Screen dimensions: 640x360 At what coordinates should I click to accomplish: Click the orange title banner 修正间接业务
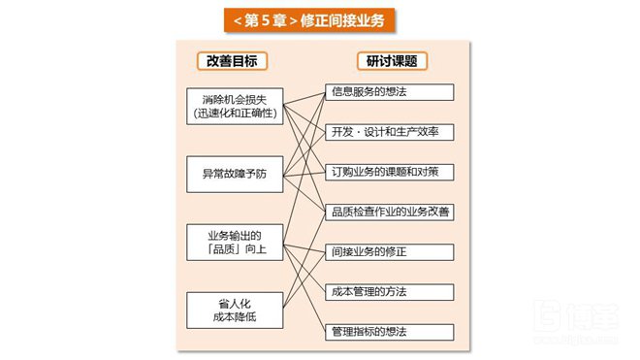320,19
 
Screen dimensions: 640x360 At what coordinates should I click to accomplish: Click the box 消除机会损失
234,106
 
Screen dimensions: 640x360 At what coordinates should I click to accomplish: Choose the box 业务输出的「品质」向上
234,241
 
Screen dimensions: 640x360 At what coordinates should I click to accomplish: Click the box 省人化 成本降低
234,310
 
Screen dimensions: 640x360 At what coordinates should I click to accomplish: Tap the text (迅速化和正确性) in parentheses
234,114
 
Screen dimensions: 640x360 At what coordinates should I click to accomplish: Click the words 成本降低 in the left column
234,317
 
